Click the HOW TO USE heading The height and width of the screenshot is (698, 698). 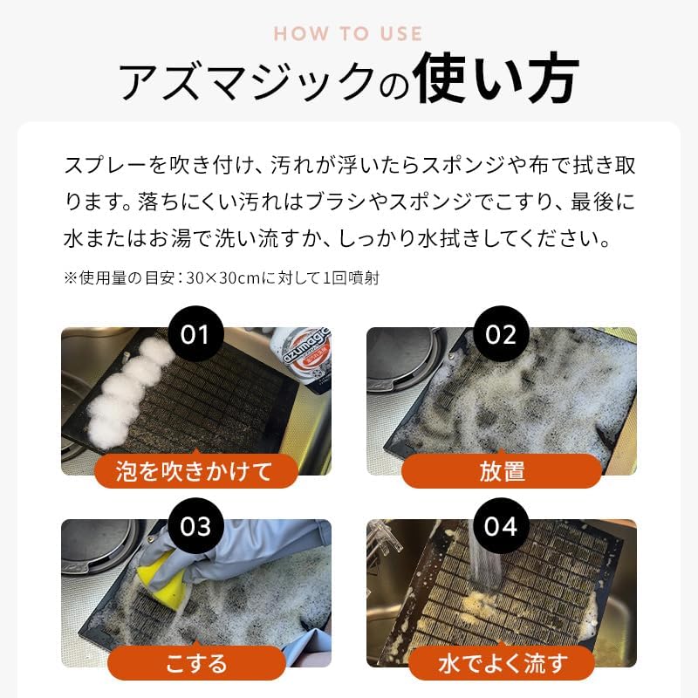pyautogui.click(x=348, y=34)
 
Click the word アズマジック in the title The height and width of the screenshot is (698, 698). pyautogui.click(x=247, y=81)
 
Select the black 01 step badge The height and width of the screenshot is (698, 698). pyautogui.click(x=195, y=333)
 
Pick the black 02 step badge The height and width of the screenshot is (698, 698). pyautogui.click(x=501, y=333)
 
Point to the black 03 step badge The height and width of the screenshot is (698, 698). pyautogui.click(x=195, y=526)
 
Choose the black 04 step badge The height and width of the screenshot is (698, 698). pyautogui.click(x=501, y=526)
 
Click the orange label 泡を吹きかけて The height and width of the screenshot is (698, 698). pyautogui.click(x=195, y=471)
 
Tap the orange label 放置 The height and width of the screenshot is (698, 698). pyautogui.click(x=502, y=471)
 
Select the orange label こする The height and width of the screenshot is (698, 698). pyautogui.click(x=196, y=663)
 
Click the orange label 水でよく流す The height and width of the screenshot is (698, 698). pyautogui.click(x=502, y=663)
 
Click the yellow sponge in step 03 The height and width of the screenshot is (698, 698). pyautogui.click(x=161, y=575)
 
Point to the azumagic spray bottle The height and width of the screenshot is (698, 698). pyautogui.click(x=305, y=359)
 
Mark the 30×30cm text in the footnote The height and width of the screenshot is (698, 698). pyautogui.click(x=224, y=278)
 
